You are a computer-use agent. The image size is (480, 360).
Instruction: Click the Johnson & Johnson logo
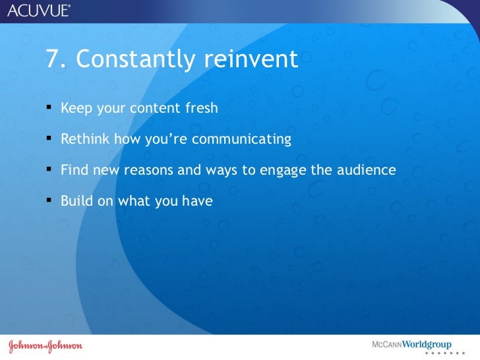(45, 346)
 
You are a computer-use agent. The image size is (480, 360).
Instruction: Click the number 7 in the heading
(53, 59)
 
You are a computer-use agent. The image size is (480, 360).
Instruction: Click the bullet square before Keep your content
(49, 107)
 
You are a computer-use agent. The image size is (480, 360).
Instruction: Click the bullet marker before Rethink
(49, 138)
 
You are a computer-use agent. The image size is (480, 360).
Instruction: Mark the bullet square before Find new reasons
(49, 169)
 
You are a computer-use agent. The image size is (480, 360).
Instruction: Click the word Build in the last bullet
(77, 201)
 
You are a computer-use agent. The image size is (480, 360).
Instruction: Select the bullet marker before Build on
(49, 200)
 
